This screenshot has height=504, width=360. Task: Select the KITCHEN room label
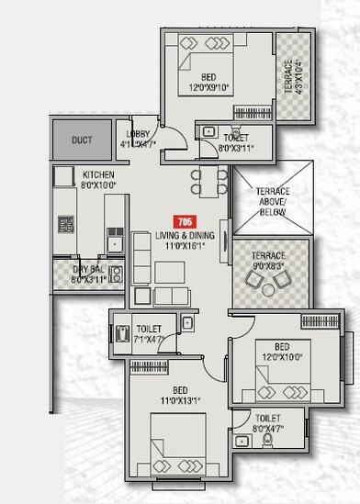(x=98, y=174)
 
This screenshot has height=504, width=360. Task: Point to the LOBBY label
(x=138, y=134)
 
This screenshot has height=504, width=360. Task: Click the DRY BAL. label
(x=89, y=269)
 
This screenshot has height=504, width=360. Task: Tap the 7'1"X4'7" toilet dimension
(x=149, y=339)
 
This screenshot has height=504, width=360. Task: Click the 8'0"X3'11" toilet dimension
(x=237, y=147)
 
